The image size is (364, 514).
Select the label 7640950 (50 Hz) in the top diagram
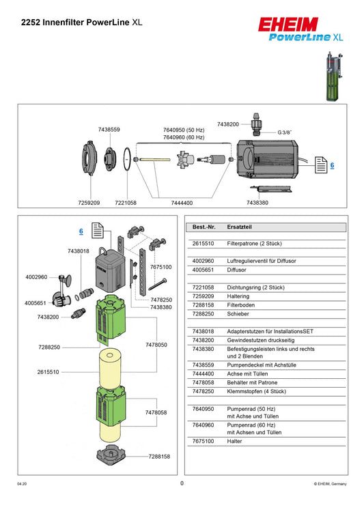183,130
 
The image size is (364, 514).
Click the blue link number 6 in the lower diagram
81,231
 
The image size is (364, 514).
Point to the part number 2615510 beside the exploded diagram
48,372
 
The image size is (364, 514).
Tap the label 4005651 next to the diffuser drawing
36,302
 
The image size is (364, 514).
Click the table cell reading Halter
235,442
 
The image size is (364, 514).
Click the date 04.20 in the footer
22,484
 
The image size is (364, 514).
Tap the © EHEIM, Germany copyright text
330,484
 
